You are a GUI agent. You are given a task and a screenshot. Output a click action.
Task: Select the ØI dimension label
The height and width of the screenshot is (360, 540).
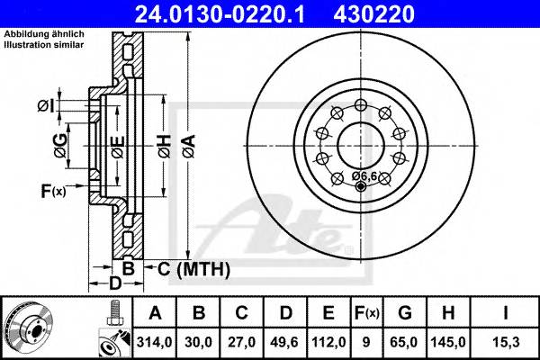pos(46,107)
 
